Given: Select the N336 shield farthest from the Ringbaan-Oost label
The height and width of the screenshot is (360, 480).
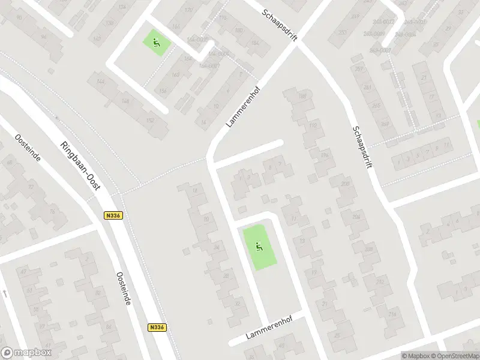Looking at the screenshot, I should [x=157, y=328].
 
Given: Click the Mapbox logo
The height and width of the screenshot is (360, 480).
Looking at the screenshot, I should [x=26, y=353].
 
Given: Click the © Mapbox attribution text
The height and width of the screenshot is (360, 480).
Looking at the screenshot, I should [x=415, y=356].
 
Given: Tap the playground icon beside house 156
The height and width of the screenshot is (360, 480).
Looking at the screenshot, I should [x=156, y=42].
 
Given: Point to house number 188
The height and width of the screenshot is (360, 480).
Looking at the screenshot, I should [x=302, y=96].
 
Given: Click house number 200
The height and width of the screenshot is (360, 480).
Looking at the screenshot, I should [x=344, y=184].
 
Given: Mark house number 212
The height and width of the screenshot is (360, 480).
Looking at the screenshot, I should [x=380, y=281].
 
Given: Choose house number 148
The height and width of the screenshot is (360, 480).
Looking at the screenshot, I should [x=125, y=101].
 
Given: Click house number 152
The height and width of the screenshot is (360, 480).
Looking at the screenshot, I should [x=151, y=121].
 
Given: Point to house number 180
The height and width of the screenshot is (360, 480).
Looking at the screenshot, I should [x=238, y=30].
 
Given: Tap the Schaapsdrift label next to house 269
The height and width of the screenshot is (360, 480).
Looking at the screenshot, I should [x=362, y=146].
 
